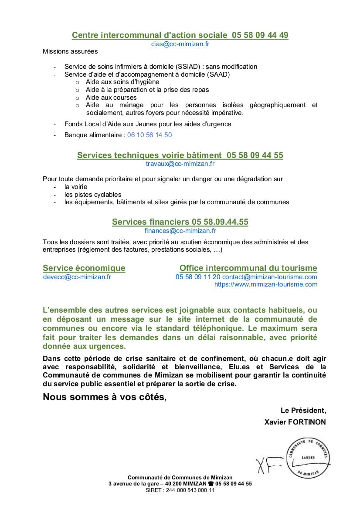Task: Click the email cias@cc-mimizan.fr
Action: coord(180,44)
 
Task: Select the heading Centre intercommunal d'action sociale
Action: coord(149,35)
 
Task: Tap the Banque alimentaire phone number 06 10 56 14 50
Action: coord(149,135)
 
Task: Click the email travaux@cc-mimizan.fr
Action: coord(180,164)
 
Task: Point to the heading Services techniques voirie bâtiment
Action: coord(149,155)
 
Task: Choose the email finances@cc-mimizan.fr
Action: coord(180,231)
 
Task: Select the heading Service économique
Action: coord(84,268)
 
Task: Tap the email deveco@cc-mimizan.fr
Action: coord(77,276)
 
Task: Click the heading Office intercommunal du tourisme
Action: coord(248,268)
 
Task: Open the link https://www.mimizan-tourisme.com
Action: coord(265,284)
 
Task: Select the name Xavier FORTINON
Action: coord(295,422)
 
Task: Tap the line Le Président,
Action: coord(303,410)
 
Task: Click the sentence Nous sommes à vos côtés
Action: coord(105,397)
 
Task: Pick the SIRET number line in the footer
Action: coord(180,490)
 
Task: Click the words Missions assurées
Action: coord(70,51)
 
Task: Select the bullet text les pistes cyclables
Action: coord(93,195)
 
